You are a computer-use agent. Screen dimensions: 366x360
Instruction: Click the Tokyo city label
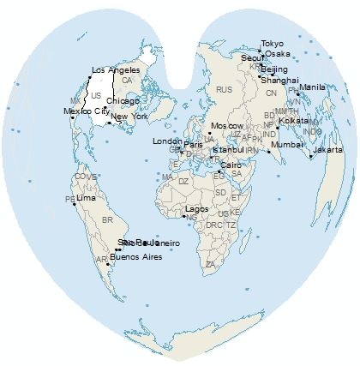tap(272, 44)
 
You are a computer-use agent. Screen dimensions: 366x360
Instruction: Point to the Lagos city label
tap(196, 209)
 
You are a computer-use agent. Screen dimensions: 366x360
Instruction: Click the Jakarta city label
tap(327, 150)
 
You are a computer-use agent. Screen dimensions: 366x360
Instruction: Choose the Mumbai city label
tap(286, 145)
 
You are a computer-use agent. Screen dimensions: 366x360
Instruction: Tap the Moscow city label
tap(227, 126)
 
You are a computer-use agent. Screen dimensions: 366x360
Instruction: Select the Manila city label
tap(312, 87)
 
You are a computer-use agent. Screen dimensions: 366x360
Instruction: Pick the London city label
tap(167, 141)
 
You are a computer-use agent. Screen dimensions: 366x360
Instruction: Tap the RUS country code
tap(225, 90)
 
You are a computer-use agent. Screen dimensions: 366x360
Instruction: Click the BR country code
tap(107, 220)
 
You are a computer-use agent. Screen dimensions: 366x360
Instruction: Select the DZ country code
tap(183, 182)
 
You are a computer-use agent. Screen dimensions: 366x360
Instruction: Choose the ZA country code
tap(210, 264)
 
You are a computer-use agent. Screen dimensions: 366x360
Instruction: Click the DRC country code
tap(212, 225)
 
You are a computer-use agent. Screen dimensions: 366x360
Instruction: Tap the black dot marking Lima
tap(74, 199)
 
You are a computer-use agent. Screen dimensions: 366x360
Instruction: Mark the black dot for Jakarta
tap(309, 156)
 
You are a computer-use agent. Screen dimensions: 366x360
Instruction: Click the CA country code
tap(127, 80)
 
